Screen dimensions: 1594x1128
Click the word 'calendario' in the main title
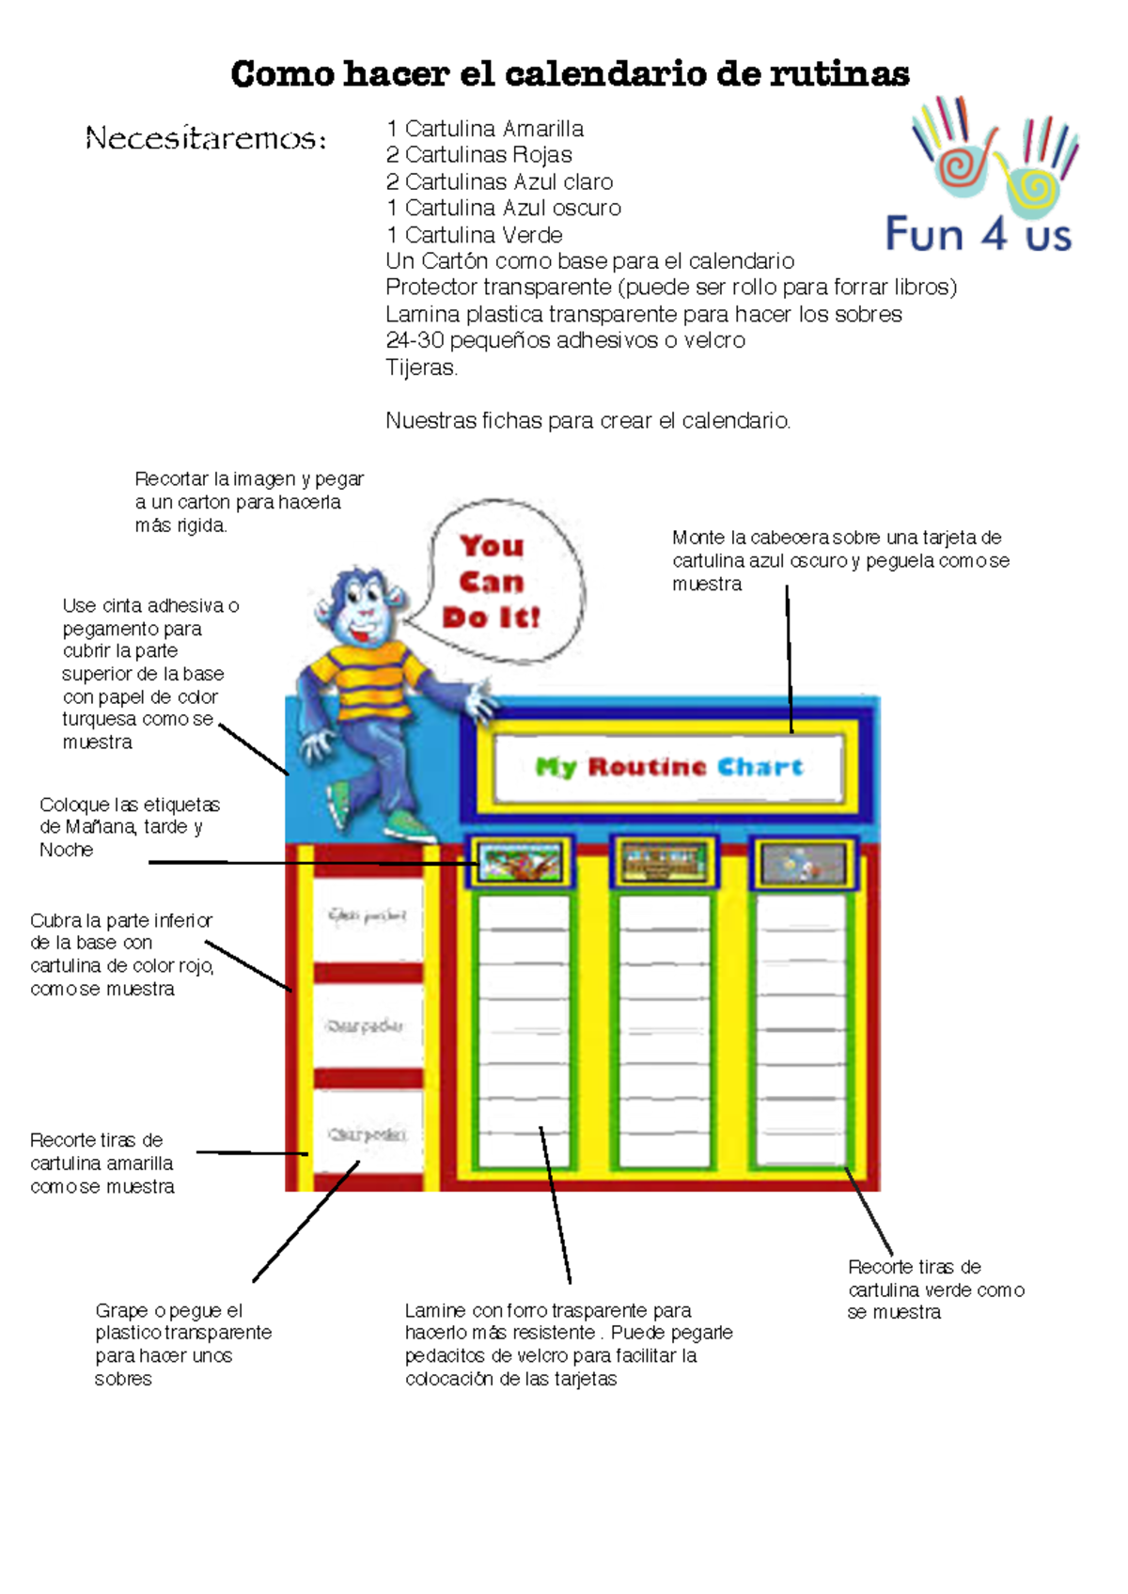point(604,73)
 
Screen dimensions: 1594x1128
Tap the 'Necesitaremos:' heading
point(206,139)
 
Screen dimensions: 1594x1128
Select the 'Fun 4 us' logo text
point(978,234)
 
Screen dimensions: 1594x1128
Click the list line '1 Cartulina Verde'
point(474,235)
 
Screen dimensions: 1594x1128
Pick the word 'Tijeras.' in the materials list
point(421,367)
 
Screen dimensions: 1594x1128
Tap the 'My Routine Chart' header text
point(668,767)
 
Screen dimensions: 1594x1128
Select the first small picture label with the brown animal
point(520,862)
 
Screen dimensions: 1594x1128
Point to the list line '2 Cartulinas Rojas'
point(478,155)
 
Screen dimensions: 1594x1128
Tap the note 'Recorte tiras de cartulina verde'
point(934,1289)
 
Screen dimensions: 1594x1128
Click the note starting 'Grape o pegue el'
point(182,1344)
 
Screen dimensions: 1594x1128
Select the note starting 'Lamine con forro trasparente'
point(568,1344)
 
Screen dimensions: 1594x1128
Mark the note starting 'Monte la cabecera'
point(840,560)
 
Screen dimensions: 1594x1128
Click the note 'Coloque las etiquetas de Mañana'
point(129,827)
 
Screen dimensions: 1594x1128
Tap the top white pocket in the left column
point(367,914)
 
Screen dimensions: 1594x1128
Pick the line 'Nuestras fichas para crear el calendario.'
point(587,420)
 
